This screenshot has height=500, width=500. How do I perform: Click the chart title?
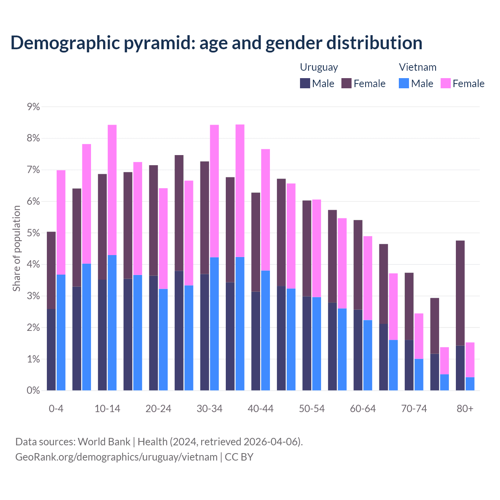216,43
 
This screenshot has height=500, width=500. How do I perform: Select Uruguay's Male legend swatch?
305,83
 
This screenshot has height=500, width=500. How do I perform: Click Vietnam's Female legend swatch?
446,83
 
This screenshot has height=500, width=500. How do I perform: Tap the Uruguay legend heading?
319,67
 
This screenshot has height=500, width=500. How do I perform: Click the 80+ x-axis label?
465,409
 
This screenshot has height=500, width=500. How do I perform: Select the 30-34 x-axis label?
209,409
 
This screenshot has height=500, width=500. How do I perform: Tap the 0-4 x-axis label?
56,409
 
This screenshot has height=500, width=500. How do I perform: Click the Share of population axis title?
16,248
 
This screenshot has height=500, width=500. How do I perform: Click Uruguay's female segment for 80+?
460,293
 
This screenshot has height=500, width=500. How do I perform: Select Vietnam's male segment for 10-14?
112,323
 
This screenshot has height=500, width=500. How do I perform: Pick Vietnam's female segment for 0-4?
61,222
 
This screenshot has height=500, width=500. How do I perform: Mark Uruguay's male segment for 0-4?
51,350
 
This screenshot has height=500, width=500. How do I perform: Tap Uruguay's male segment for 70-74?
409,365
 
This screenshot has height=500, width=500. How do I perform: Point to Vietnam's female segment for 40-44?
266,210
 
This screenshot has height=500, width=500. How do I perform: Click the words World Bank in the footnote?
104,442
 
